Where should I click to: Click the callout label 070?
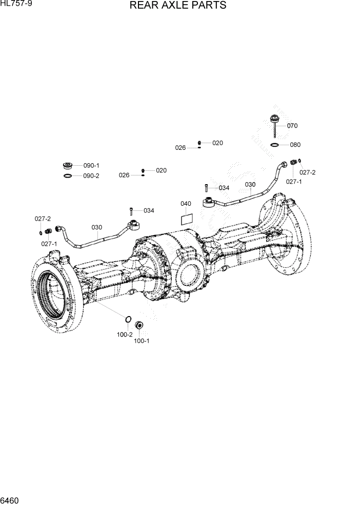[292, 126]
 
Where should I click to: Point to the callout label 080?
[295, 145]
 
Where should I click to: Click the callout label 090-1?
[91, 166]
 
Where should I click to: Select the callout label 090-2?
[91, 176]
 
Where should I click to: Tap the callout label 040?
[186, 204]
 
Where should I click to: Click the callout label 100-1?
[142, 340]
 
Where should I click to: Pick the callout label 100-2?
[125, 335]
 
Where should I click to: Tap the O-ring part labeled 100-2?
[128, 321]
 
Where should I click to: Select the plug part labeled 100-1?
[138, 326]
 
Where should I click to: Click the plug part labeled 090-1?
[67, 166]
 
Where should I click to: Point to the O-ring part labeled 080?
[275, 145]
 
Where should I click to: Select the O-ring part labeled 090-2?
[67, 176]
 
